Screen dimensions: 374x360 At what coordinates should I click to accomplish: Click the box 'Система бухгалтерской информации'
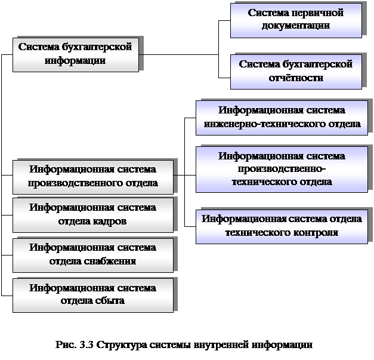tap(76, 55)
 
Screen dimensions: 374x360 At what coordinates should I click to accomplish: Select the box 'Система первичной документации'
tap(296, 20)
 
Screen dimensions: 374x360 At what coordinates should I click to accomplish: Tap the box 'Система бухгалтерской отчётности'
tap(296, 72)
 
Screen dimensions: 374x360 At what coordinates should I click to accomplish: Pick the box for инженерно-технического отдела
tap(282, 118)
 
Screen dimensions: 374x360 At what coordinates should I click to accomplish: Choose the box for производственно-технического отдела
tap(282, 170)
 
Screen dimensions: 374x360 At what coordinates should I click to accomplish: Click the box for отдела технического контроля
tap(282, 226)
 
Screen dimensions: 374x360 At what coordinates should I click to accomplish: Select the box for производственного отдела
tap(93, 177)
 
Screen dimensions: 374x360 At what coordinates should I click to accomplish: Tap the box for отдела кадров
tap(93, 215)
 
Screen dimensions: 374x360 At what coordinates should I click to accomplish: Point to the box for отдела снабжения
tap(93, 255)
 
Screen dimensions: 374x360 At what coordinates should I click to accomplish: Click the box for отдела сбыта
tap(93, 296)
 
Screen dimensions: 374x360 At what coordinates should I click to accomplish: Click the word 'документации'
tap(296, 26)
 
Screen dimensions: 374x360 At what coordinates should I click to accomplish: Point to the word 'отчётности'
tap(296, 78)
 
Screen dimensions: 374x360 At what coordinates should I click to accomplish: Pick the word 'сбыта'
tap(110, 300)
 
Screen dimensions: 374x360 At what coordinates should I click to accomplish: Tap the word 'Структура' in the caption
tap(122, 345)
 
